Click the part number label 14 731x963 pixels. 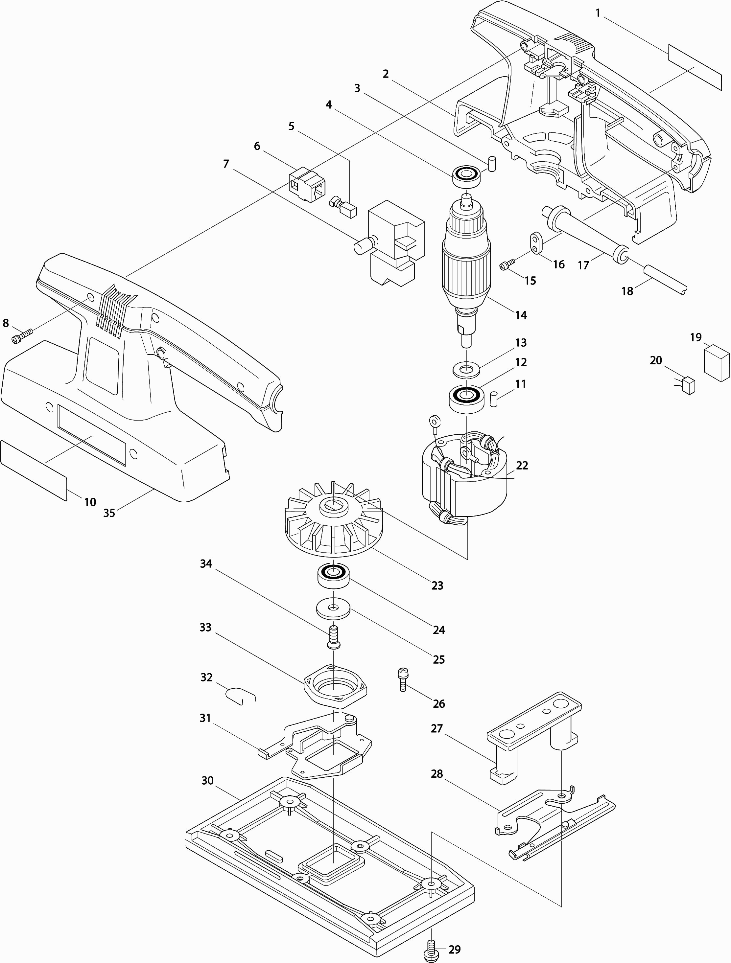tap(521, 315)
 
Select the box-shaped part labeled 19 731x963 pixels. tap(717, 363)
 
